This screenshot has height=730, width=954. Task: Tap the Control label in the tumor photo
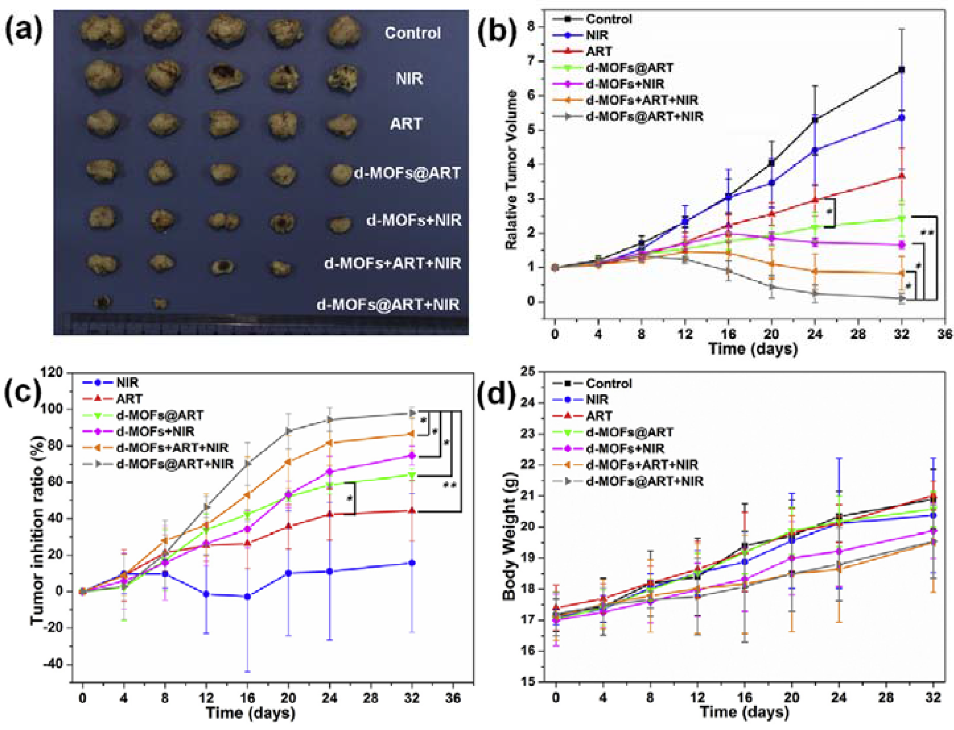pos(412,34)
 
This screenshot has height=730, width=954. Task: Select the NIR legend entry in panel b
pos(597,35)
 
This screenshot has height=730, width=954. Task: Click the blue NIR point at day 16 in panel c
pos(247,597)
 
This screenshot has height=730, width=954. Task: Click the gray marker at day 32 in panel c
pos(412,413)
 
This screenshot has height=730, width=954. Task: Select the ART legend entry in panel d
pos(599,416)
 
